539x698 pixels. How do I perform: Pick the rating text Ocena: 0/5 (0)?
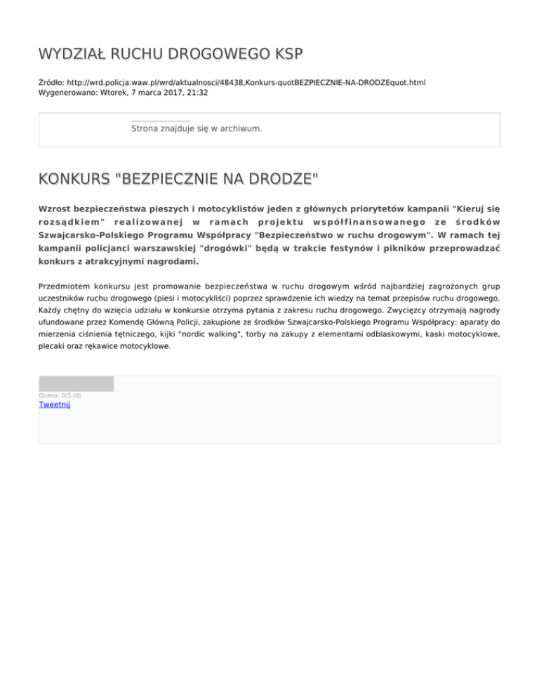pyautogui.click(x=60, y=395)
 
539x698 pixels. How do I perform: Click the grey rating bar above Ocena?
pyautogui.click(x=76, y=383)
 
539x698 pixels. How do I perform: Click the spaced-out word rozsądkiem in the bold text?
pyautogui.click(x=72, y=222)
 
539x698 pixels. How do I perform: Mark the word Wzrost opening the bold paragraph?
pyautogui.click(x=56, y=208)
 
